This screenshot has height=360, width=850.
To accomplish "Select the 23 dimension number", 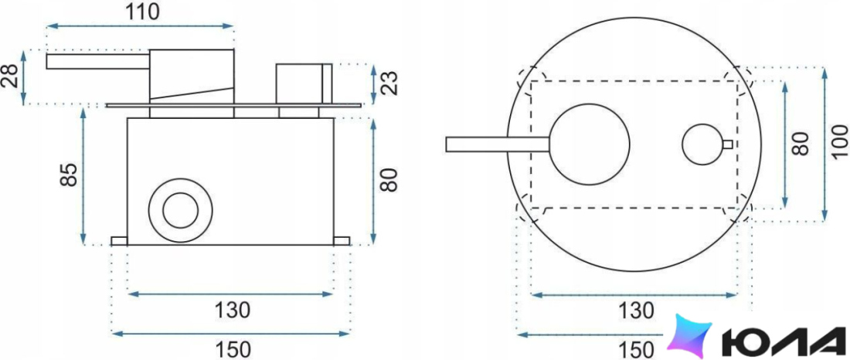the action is coord(389,83).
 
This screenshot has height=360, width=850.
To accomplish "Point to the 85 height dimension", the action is coord(69,175).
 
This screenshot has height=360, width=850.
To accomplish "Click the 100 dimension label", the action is coord(839,143).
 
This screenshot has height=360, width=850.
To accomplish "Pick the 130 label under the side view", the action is coord(232,310).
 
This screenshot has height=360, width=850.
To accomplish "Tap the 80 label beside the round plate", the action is coord(800,144).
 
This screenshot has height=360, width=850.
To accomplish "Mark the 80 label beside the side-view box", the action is coord(389,179).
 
